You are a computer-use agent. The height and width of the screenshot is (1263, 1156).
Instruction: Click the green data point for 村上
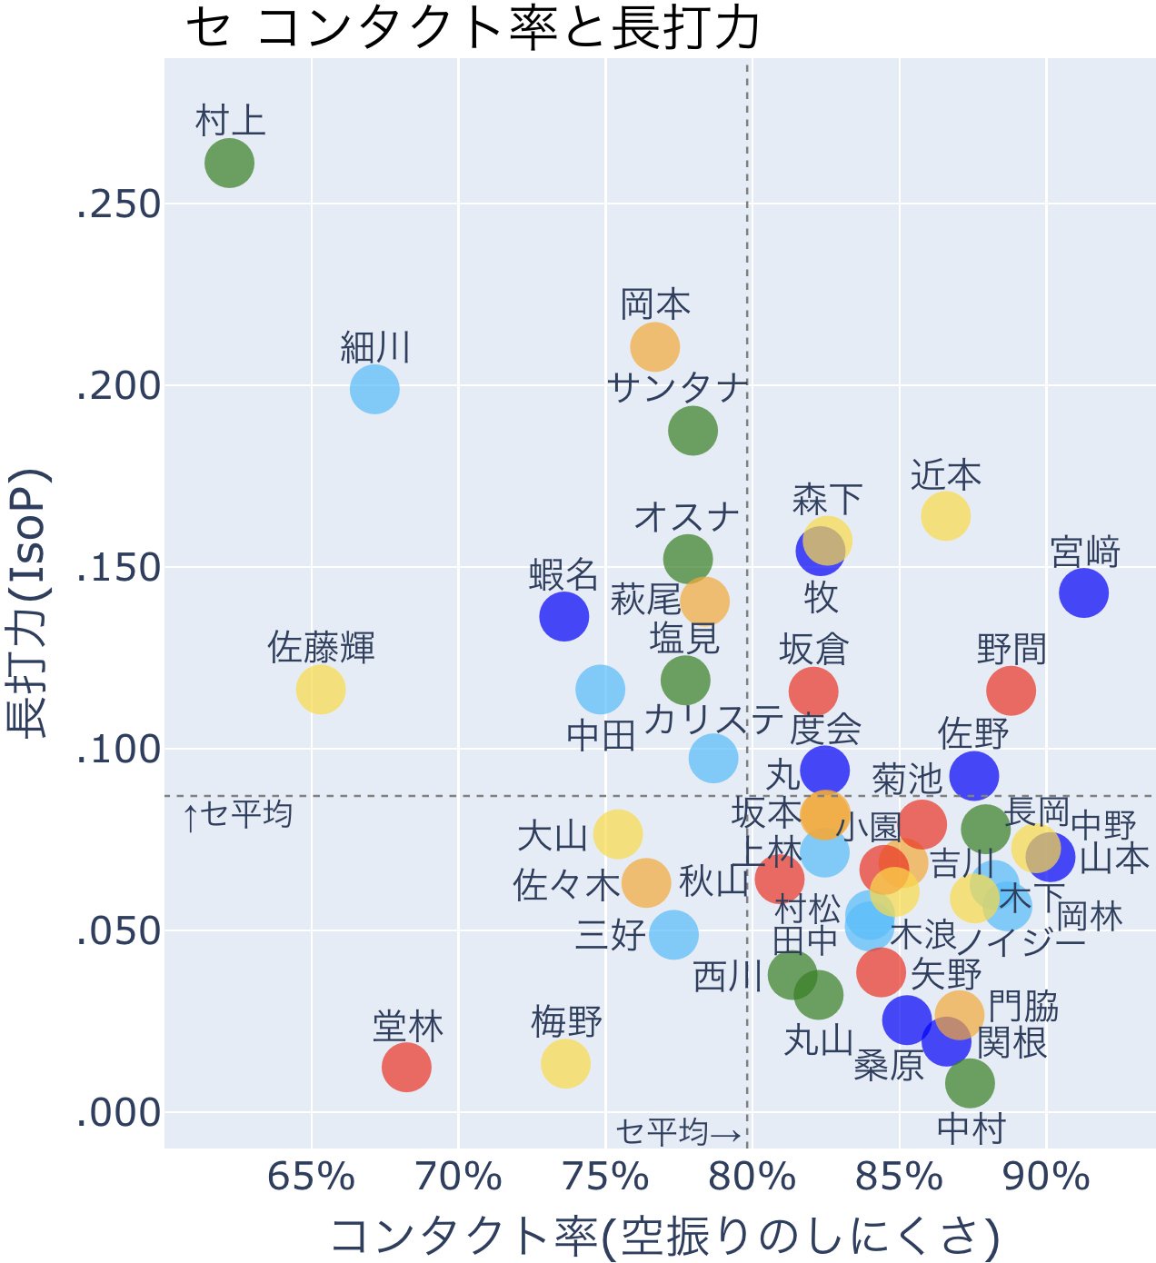[229, 164]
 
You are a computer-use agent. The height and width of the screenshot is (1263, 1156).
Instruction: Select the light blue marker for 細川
[374, 389]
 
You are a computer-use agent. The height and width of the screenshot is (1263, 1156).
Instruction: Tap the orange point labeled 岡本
[655, 346]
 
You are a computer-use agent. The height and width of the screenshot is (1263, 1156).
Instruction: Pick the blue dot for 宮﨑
[1083, 592]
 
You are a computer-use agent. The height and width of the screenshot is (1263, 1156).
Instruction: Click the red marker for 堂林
[406, 1067]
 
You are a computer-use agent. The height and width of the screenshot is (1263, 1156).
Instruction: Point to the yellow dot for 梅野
[565, 1063]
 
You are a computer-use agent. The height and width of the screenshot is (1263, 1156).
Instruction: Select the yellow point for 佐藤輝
[321, 689]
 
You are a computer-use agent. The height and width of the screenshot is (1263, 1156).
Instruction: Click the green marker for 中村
[970, 1082]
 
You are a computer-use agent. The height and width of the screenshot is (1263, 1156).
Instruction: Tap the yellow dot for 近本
[945, 515]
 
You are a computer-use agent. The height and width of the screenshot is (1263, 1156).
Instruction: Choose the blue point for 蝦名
[563, 616]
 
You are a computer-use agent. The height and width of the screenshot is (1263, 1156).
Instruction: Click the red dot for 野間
[1011, 691]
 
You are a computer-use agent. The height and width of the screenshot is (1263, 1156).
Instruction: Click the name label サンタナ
[677, 389]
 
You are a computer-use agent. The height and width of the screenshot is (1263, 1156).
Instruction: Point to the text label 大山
[553, 836]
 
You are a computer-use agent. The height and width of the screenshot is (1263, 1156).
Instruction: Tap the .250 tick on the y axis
[118, 204]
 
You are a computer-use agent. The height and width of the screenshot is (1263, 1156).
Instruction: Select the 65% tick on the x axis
[312, 1178]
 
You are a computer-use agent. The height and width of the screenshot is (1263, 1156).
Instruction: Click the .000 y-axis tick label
[118, 1112]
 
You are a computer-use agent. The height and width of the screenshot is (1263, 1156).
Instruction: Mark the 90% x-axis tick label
[1046, 1178]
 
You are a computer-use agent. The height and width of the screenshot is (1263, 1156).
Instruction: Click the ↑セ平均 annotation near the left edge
[238, 815]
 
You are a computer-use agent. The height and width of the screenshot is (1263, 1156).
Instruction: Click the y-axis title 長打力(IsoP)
[27, 603]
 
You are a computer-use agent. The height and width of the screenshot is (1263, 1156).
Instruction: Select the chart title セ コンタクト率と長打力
[473, 29]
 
